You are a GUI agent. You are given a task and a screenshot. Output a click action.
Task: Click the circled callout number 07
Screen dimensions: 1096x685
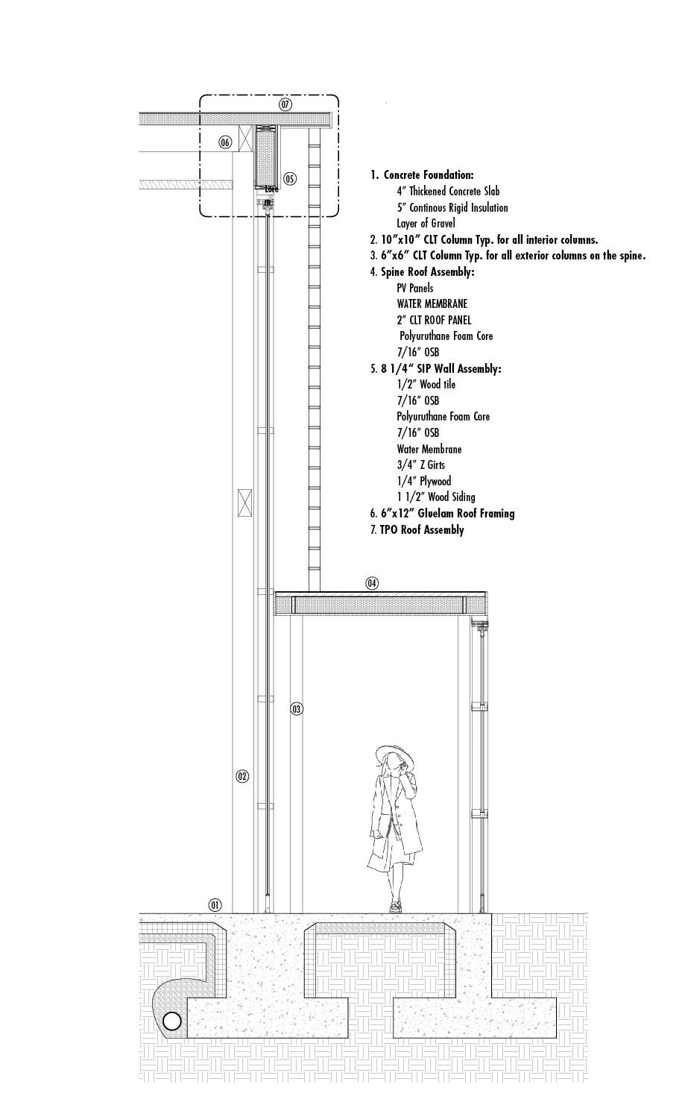point(285,104)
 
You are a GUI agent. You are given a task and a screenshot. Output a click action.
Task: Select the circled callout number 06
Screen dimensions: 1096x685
point(225,142)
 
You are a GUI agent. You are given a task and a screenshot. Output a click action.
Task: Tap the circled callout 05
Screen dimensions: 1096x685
point(290,178)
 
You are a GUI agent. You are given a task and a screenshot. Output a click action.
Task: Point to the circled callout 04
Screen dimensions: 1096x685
point(372,583)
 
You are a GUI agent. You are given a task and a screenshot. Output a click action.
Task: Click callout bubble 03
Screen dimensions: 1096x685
point(297,708)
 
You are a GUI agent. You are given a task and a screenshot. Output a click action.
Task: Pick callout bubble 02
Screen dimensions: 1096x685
point(242,776)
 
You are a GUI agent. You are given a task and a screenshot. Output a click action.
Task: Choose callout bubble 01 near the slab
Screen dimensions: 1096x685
point(215,905)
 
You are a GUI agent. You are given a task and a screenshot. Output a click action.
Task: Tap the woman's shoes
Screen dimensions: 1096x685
point(395,907)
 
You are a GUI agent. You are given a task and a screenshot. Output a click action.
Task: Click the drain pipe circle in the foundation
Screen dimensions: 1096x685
point(172,1021)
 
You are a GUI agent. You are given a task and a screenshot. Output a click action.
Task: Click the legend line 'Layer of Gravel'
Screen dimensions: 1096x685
point(426,224)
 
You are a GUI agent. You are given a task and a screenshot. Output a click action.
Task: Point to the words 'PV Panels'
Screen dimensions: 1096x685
point(414,288)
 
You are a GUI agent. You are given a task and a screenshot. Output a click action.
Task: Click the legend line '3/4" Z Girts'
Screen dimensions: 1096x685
point(421,465)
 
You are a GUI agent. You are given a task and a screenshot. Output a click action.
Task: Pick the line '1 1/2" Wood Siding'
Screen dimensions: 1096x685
point(436,497)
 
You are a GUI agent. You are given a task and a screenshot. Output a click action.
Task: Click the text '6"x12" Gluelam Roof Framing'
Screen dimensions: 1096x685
point(447,514)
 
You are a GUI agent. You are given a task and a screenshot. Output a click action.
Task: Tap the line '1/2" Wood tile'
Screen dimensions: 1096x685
point(426,385)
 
